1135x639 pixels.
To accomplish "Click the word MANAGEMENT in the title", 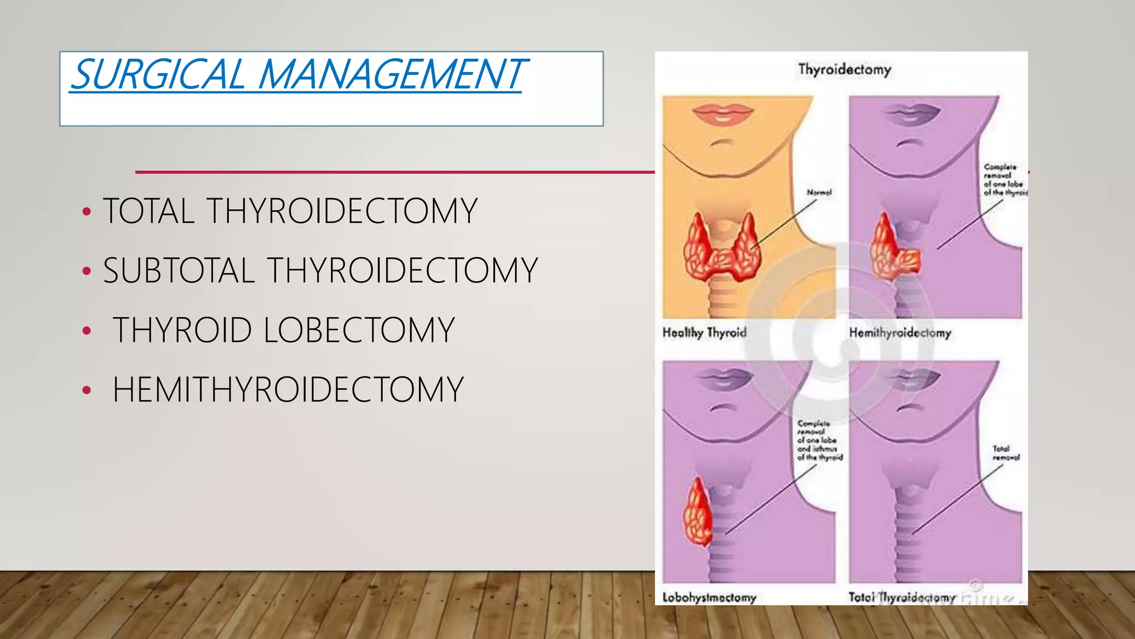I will (390, 74).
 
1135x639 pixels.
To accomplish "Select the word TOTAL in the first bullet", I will (149, 211).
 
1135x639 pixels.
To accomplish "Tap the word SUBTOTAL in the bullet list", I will (178, 271).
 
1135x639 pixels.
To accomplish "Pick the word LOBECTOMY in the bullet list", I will (359, 330).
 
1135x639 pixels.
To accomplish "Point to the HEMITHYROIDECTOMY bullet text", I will (288, 389).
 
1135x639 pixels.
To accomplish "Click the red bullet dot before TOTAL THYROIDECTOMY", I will (86, 212).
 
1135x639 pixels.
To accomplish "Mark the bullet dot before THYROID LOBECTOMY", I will (86, 331).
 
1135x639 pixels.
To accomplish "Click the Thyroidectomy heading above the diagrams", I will (844, 70).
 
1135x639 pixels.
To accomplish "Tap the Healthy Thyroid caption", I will (704, 333).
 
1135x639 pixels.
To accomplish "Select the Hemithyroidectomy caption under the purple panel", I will (900, 333).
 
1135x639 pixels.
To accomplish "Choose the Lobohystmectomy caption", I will (709, 597).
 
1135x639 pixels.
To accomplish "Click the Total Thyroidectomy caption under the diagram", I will (902, 597).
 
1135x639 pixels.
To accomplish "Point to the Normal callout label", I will (819, 192).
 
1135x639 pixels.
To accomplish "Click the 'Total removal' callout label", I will (1005, 453).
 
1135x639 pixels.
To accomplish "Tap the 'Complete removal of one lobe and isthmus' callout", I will (820, 440).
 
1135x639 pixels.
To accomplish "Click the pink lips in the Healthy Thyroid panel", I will (723, 114).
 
